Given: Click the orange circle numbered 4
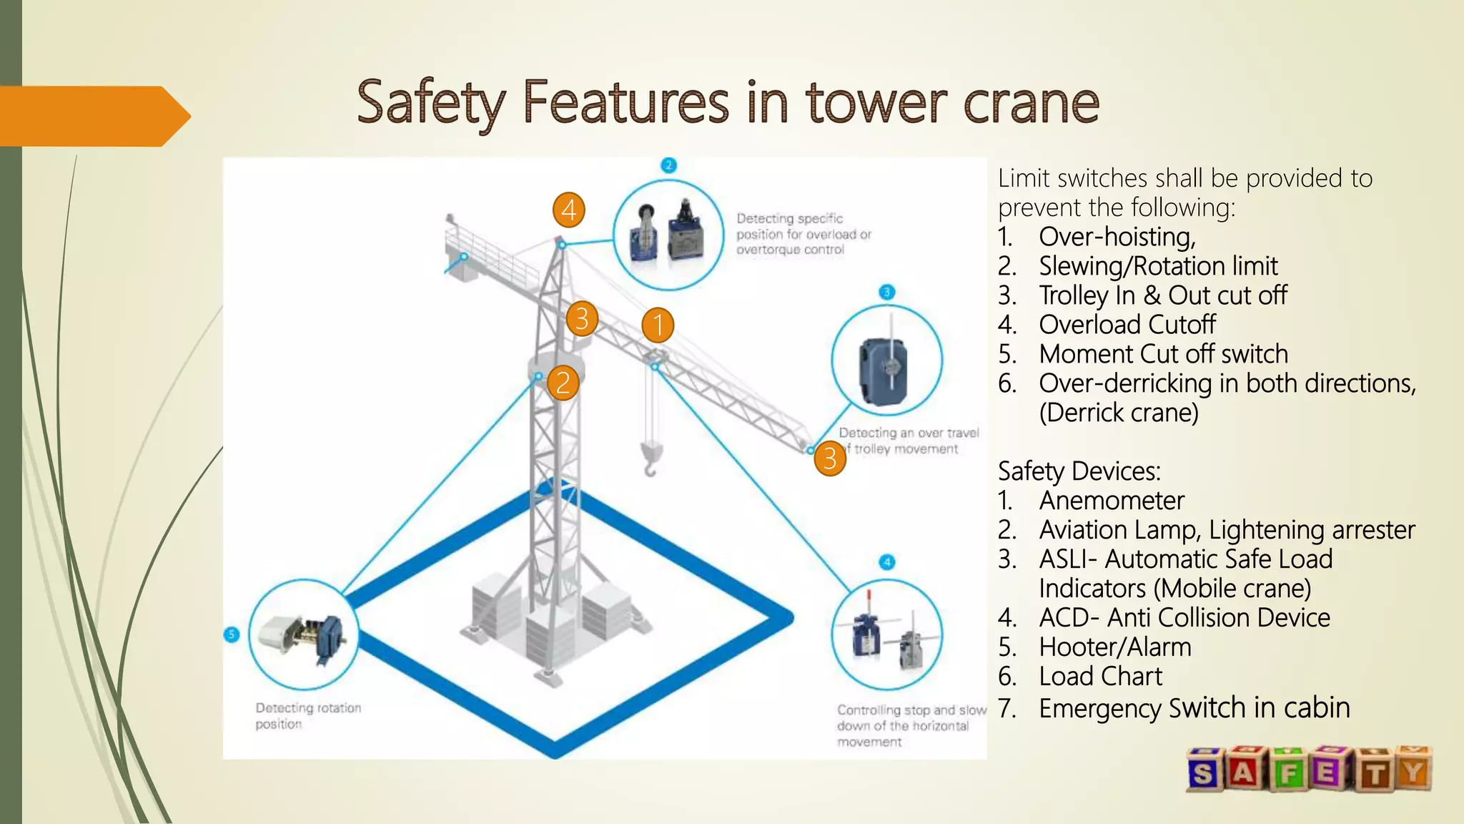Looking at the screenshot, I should click(569, 210).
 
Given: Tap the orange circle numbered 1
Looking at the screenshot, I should click(658, 325).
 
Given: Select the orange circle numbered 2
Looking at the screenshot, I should click(563, 383).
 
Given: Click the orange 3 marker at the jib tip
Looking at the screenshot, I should click(830, 458).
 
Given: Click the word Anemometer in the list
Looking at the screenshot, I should click(1111, 501).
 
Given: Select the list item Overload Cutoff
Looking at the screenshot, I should click(1127, 325).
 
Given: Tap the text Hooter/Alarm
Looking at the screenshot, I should click(1114, 647).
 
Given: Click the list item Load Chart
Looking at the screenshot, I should click(1100, 677).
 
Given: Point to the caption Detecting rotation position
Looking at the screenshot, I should click(308, 715).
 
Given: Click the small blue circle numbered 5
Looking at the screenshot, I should click(232, 634).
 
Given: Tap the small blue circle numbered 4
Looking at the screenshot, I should click(886, 561).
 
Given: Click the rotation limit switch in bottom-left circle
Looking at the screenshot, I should click(303, 634).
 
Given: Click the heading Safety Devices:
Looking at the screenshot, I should click(1079, 471).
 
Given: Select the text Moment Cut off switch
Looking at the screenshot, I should click(1163, 354).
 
